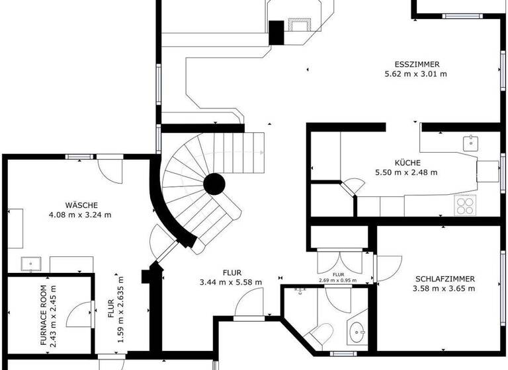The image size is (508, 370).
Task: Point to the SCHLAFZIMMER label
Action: click(x=444, y=279)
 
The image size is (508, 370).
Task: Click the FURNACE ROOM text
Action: click(x=44, y=316)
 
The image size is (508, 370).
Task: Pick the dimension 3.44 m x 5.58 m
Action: click(x=231, y=282)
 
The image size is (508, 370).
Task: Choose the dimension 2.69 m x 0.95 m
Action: click(x=337, y=280)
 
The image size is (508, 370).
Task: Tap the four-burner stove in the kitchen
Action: click(x=465, y=206)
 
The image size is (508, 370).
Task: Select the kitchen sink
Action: click(x=470, y=141)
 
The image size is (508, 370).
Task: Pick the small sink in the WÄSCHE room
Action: click(x=30, y=264)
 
